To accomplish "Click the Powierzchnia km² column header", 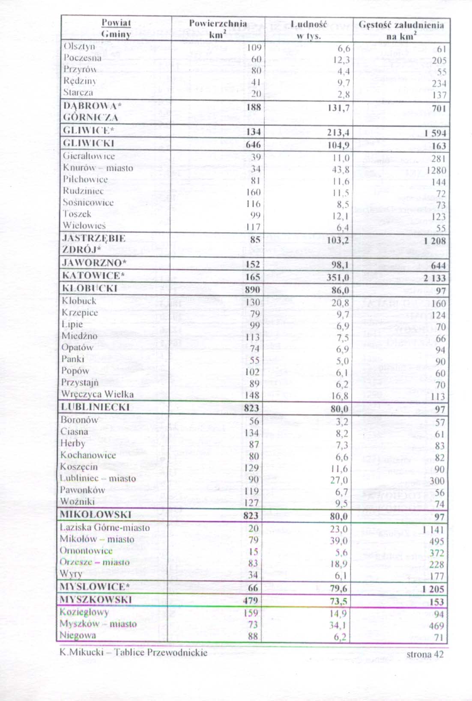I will pos(218,29).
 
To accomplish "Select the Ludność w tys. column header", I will pos(308,30).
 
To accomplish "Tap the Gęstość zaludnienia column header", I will pos(401,30).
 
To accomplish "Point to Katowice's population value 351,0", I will pos(338,277).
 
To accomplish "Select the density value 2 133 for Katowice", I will pos(435,278).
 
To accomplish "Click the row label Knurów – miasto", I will pos(98,168).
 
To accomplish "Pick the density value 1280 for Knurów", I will pos(436,170).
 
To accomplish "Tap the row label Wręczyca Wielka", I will pos(97,394).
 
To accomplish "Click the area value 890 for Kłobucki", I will pos(252,290).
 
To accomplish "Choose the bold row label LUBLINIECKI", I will pos(95,407).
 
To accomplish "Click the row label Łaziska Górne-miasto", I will pos(105,527).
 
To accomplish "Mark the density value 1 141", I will pos(433,530).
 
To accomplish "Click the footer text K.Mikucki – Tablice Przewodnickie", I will pos(133,653).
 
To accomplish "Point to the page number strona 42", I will pos(425,654).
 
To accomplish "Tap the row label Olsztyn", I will pos(79,46).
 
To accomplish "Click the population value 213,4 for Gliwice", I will pos(338,133).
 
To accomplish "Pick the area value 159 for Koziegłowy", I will pos(251,613).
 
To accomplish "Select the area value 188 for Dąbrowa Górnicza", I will pos(254,107).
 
